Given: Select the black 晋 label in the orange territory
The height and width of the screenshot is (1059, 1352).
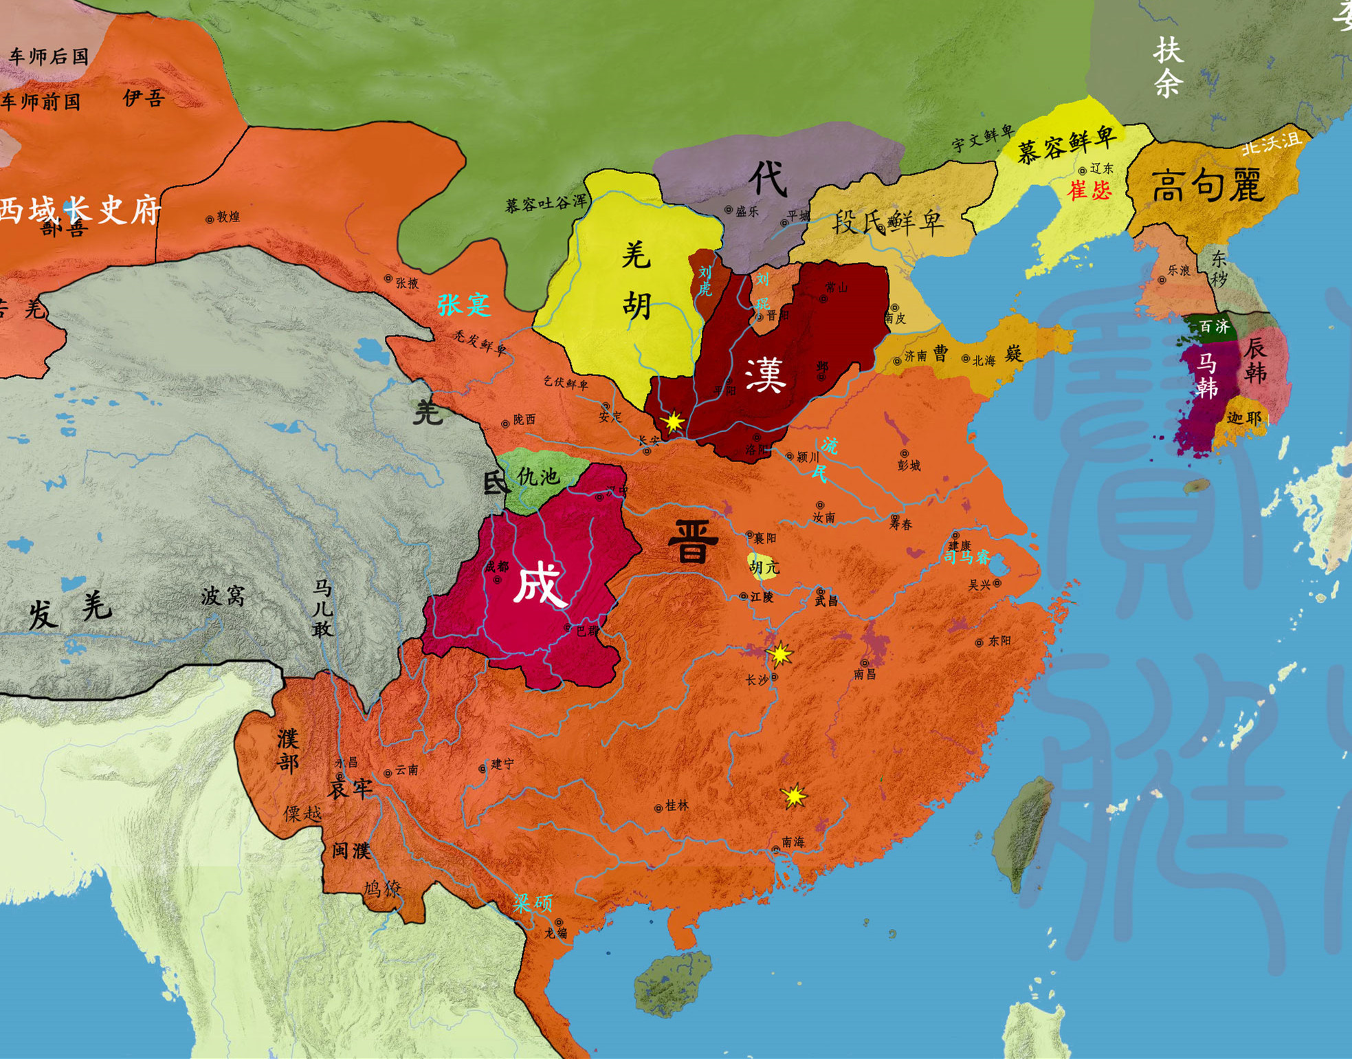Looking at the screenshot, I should tap(693, 542).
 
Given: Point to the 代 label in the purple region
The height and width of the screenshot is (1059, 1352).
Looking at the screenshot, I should tap(768, 178).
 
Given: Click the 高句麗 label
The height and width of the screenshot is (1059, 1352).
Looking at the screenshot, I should tap(1208, 186).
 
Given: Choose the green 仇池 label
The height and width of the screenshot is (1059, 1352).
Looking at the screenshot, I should tap(538, 476).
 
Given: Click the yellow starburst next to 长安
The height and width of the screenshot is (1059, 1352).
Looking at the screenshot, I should tap(673, 422).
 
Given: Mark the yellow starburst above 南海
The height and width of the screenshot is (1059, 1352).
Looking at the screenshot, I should tap(794, 796).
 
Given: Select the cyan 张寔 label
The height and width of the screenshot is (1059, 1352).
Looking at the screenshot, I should tap(464, 304).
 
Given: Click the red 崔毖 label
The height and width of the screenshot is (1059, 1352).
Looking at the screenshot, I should tap(1089, 190).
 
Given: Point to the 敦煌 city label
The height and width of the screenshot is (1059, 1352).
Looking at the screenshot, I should tap(228, 217).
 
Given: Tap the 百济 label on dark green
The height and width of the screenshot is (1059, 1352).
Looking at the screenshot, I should tap(1214, 327).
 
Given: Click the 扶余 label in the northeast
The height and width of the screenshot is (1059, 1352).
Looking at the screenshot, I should tap(1168, 67).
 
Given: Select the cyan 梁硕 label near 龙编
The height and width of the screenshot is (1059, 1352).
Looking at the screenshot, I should tap(532, 903).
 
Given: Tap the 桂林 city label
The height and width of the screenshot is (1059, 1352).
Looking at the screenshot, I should tap(676, 805).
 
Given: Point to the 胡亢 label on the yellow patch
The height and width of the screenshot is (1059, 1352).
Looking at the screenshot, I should tap(764, 567).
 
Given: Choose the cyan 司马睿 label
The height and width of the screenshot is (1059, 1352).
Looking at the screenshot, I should tap(966, 557).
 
